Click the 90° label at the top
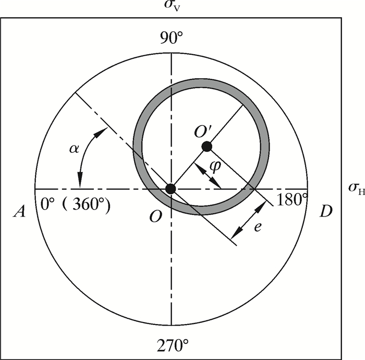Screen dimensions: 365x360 [x=172, y=38]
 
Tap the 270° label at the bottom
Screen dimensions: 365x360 [x=173, y=345]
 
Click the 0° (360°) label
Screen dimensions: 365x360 [x=75, y=205]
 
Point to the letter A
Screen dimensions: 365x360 [x=19, y=211]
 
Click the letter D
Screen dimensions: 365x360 [x=326, y=211]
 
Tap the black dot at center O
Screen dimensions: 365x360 [x=171, y=189]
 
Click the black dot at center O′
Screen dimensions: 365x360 [x=207, y=147]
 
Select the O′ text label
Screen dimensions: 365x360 [x=203, y=133]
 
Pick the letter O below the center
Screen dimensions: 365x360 [x=155, y=217]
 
